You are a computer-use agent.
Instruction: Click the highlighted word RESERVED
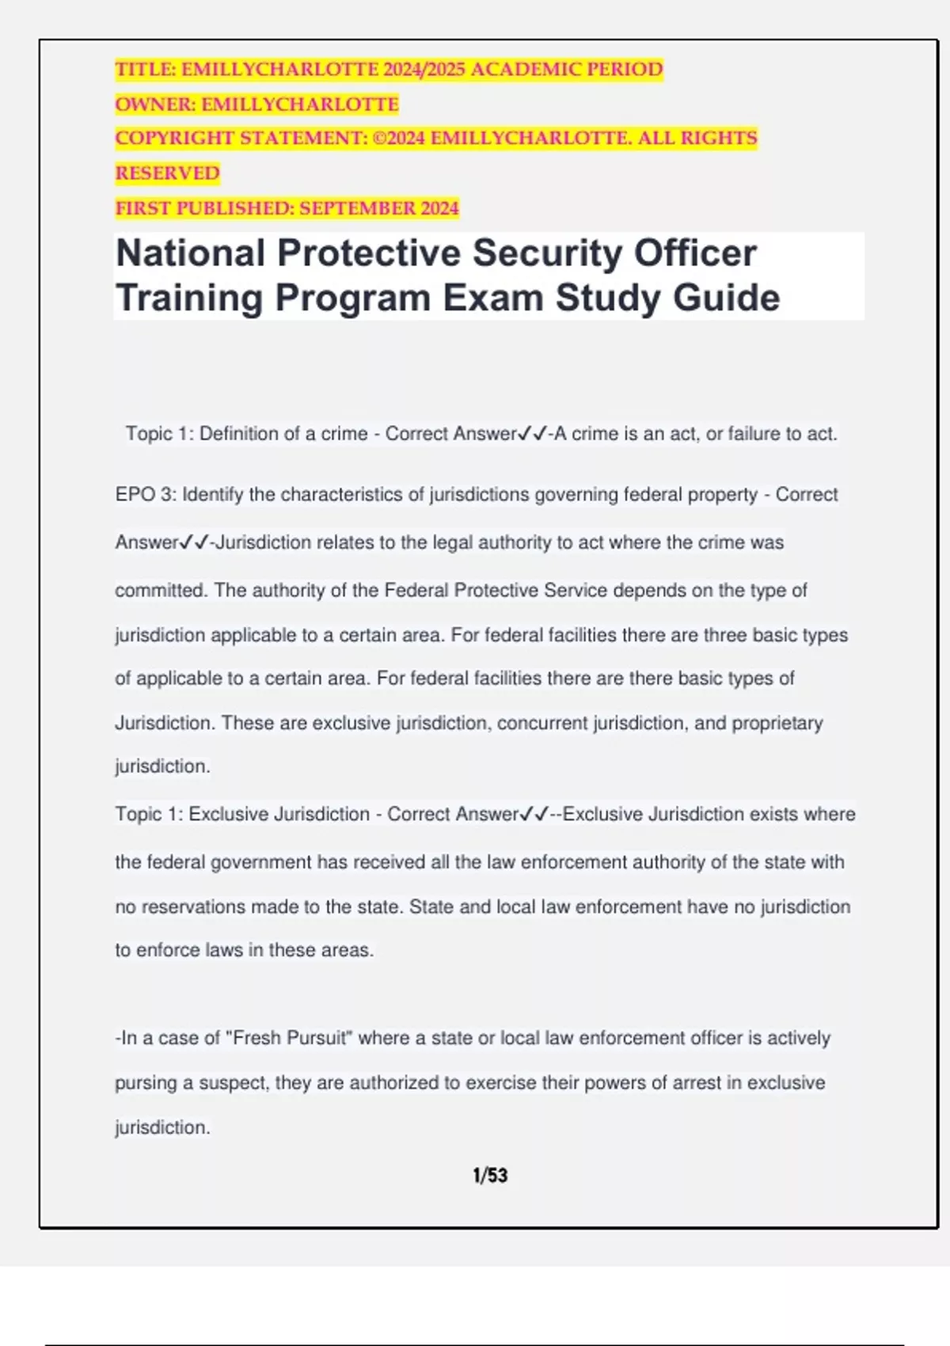coord(168,173)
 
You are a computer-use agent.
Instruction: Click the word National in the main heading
coord(191,254)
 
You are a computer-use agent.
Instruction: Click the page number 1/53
coord(490,1176)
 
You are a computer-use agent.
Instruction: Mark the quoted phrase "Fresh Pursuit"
coord(289,1038)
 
